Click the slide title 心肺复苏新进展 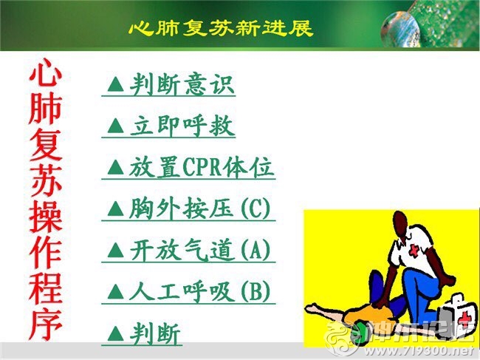221,28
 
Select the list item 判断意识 182,84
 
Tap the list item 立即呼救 182,126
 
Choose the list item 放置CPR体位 201,168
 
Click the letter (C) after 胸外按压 256,209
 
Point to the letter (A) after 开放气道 256,251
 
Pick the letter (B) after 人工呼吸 256,292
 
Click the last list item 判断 155,333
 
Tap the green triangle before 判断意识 116,84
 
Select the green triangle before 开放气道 116,250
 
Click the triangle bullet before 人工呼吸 116,291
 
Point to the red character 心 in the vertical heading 46,72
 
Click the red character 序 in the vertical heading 46,325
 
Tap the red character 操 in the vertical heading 46,216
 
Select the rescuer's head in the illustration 400,225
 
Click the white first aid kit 456,315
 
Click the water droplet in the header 400,29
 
